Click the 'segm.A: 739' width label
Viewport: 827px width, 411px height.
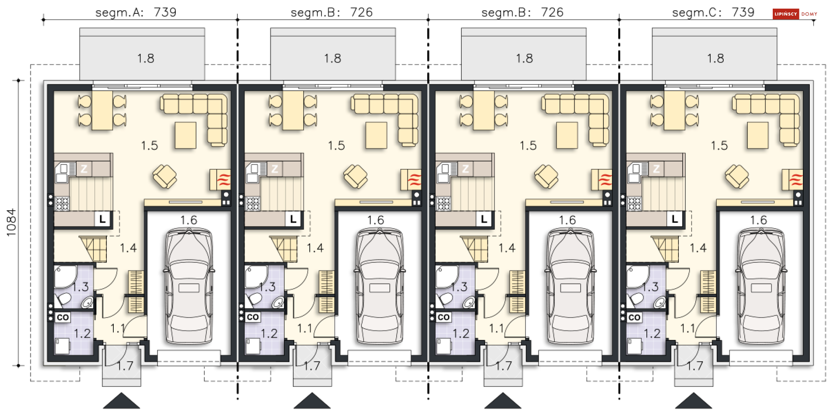pyautogui.click(x=136, y=12)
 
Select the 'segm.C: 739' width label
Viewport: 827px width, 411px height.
pyautogui.click(x=713, y=12)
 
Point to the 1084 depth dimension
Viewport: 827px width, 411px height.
pyautogui.click(x=11, y=222)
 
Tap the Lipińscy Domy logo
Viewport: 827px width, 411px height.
pyautogui.click(x=795, y=14)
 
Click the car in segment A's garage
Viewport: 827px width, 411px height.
pyautogui.click(x=189, y=286)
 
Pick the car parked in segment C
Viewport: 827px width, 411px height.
pyautogui.click(x=761, y=286)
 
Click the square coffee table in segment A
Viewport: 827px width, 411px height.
pyautogui.click(x=186, y=135)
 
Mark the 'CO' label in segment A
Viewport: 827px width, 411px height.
pyautogui.click(x=63, y=318)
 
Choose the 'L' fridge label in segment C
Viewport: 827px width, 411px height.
pyautogui.click(x=675, y=219)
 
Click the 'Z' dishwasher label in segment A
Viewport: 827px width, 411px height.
pyautogui.click(x=84, y=169)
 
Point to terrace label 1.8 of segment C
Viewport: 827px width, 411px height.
pyautogui.click(x=715, y=58)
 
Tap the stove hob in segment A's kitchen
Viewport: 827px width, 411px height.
pyautogui.click(x=62, y=203)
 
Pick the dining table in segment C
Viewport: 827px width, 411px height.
pyautogui.click(x=675, y=110)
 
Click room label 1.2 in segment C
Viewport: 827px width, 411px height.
pyautogui.click(x=652, y=333)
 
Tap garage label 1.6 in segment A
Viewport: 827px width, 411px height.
pyautogui.click(x=189, y=220)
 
